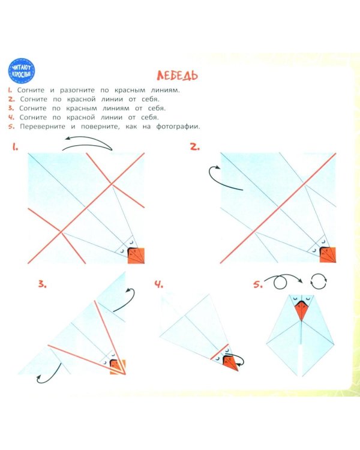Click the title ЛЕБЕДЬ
[177, 76]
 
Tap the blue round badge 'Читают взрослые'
[22, 71]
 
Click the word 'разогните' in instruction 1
[77, 90]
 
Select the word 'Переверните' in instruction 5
[43, 127]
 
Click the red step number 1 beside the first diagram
[15, 147]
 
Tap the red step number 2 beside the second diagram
[194, 147]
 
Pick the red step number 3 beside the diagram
[42, 284]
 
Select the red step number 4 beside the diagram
[159, 284]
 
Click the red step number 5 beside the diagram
[257, 284]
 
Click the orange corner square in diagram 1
[136, 256]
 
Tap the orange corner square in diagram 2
[328, 255]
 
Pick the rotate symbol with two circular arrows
[319, 281]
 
